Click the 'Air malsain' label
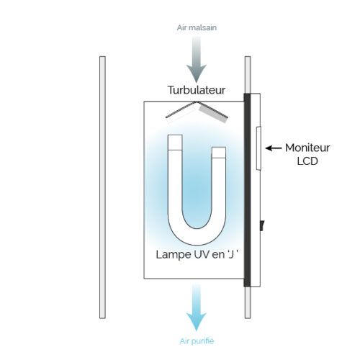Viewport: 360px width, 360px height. point(197,27)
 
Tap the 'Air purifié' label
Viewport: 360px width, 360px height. point(197,341)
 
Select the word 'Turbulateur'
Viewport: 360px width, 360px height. point(197,90)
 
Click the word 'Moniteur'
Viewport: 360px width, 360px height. point(307,148)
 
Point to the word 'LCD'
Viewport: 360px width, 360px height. point(307,161)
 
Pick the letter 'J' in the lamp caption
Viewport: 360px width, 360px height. point(231,255)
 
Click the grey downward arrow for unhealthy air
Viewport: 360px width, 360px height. point(197,60)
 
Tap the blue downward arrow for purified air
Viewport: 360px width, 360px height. point(197,308)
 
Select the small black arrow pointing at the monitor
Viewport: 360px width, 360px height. point(274,148)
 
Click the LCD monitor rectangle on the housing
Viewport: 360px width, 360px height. point(258,148)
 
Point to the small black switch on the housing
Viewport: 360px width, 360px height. point(262,225)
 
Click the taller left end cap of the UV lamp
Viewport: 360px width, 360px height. point(175,143)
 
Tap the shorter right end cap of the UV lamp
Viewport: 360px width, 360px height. point(219,153)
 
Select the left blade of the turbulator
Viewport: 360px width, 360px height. point(180,110)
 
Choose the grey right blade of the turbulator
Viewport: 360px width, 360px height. point(213,112)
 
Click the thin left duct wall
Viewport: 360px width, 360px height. point(102,187)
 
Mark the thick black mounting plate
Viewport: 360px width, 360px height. point(247,190)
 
